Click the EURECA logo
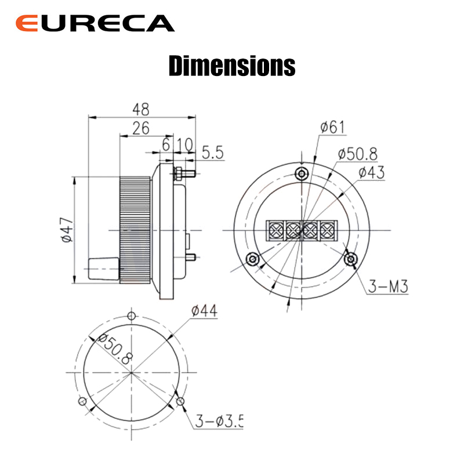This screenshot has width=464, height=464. tap(95, 23)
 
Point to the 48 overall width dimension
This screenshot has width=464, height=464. tap(140, 109)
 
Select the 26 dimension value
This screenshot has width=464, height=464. tap(140, 128)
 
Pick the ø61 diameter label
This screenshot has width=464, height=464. tap(333, 127)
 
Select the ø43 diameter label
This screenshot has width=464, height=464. tap(371, 172)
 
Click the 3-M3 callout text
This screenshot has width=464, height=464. tap(389, 285)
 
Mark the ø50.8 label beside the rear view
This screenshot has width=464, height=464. tap(357, 154)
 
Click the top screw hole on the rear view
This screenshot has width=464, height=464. tap(301, 173)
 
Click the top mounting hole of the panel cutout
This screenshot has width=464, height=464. tap(132, 316)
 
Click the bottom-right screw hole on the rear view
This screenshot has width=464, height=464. tap(350, 259)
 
